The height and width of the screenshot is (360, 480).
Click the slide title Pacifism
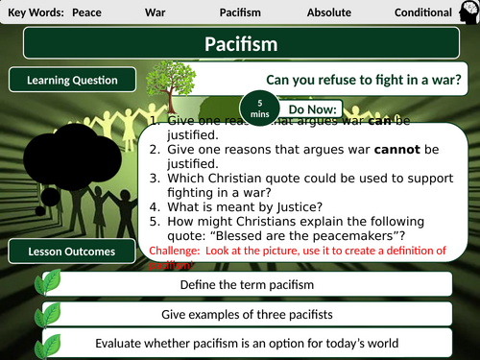point(241,44)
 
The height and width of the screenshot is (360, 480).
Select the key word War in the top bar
point(156,12)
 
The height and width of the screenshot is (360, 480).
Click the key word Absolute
point(328,12)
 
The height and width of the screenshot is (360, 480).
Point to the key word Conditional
point(423,12)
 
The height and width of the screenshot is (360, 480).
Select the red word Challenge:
point(175,252)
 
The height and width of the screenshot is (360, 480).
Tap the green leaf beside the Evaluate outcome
point(49,341)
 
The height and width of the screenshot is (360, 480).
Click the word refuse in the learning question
point(325,81)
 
